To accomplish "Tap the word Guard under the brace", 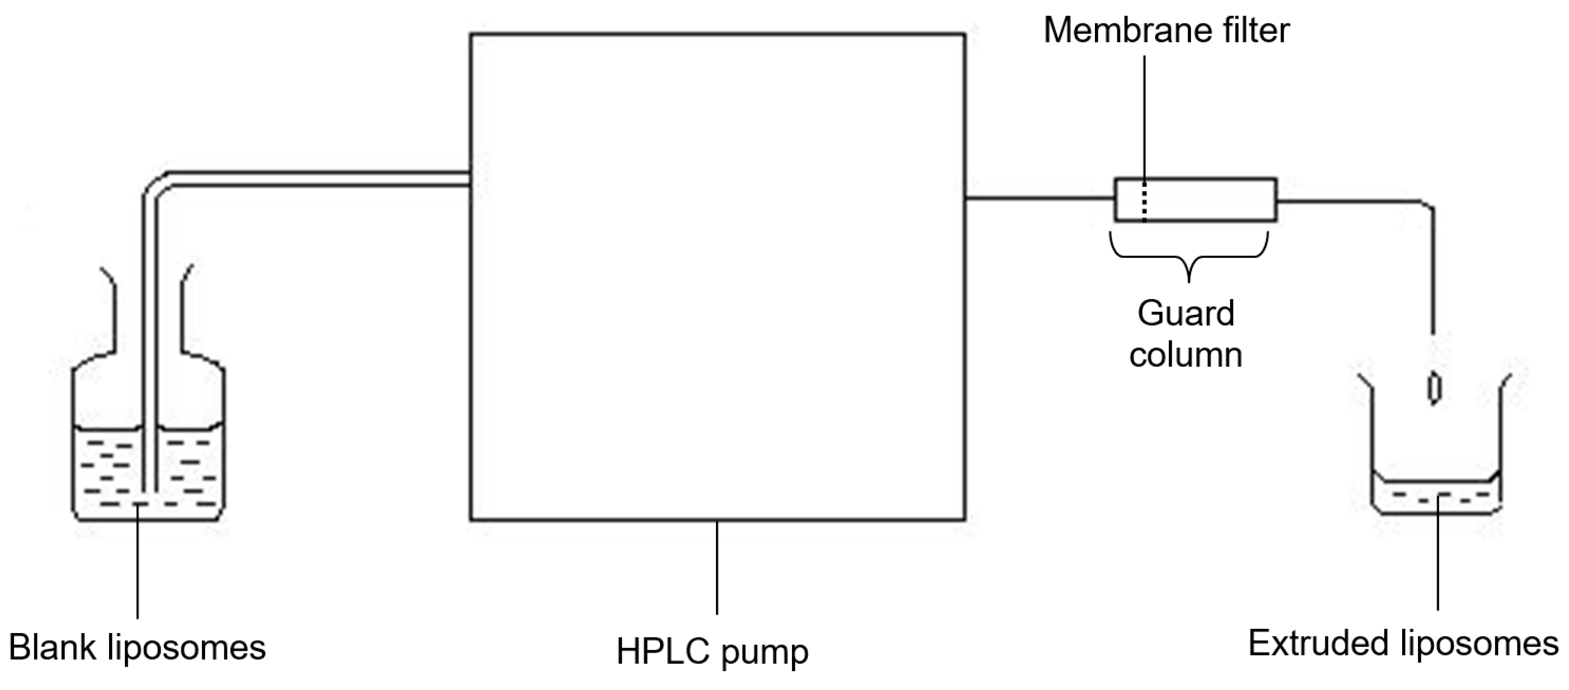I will pyautogui.click(x=1185, y=314).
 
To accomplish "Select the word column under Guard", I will pyautogui.click(x=1185, y=355).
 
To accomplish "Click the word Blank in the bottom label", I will pyautogui.click(x=52, y=648).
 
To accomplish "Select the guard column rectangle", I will pyautogui.click(x=1218, y=199).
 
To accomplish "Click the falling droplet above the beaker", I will pyautogui.click(x=1434, y=388).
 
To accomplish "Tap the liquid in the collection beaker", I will pyautogui.click(x=1438, y=497).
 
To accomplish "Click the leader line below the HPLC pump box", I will pyautogui.click(x=717, y=567).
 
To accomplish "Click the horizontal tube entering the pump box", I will pyautogui.click(x=317, y=178).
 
